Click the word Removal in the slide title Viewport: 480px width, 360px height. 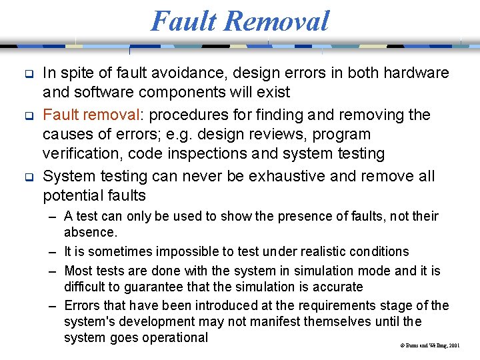pyautogui.click(x=277, y=21)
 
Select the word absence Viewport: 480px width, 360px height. pyautogui.click(x=90, y=232)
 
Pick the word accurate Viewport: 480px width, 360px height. pyautogui.click(x=338, y=287)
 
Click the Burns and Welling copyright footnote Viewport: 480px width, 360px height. pyautogui.click(x=430, y=346)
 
